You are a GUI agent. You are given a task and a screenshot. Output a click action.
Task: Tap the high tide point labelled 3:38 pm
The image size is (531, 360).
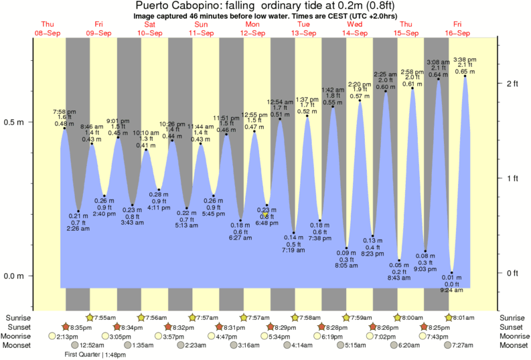[465, 76]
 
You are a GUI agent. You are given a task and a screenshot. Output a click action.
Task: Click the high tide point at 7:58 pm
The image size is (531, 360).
[64, 128]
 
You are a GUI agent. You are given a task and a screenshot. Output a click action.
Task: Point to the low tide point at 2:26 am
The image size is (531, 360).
[78, 211]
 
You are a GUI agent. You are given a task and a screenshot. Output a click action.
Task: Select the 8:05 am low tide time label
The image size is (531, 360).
[346, 265]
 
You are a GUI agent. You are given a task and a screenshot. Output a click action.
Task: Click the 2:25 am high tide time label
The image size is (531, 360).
[385, 74]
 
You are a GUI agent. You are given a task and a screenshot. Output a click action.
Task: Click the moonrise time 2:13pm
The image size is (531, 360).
[68, 336]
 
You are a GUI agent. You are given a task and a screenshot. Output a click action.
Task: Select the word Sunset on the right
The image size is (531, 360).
[514, 327]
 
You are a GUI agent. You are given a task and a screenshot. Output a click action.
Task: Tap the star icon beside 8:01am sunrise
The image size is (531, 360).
[449, 317]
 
